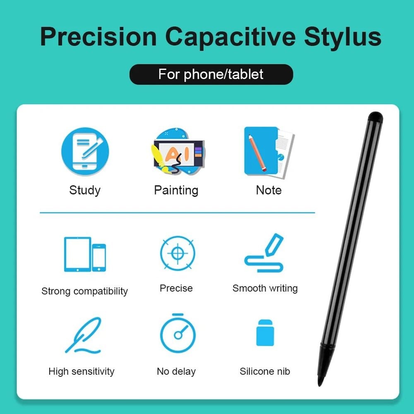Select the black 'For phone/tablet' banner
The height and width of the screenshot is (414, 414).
click(x=211, y=75)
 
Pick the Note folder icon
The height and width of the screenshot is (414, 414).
click(x=268, y=152)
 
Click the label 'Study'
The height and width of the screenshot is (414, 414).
click(x=85, y=190)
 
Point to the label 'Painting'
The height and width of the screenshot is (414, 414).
click(x=176, y=190)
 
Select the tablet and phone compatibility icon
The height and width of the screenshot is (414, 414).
click(x=85, y=254)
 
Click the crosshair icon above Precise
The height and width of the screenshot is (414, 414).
click(x=178, y=253)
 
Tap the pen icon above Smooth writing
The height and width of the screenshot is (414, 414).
click(x=265, y=253)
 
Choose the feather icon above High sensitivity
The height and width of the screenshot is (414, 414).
click(x=83, y=335)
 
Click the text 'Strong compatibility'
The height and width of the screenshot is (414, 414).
click(x=84, y=291)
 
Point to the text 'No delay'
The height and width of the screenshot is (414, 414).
click(x=176, y=371)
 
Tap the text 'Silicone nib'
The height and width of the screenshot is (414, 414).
click(x=265, y=371)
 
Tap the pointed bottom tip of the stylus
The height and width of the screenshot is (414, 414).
click(x=320, y=381)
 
